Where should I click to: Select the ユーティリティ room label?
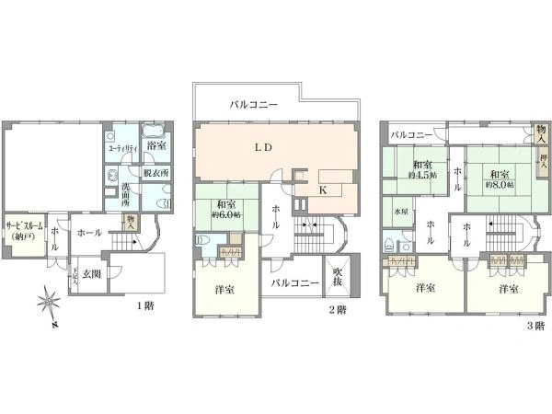click(122, 148)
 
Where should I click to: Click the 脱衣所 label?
click(155, 172)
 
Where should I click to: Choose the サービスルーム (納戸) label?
click(23, 231)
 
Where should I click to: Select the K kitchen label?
click(322, 190)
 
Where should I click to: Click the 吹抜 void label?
click(338, 277)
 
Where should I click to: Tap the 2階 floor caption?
click(336, 310)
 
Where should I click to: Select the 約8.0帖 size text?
click(500, 182)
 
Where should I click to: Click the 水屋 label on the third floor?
click(402, 211)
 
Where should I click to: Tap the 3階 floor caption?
click(535, 325)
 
